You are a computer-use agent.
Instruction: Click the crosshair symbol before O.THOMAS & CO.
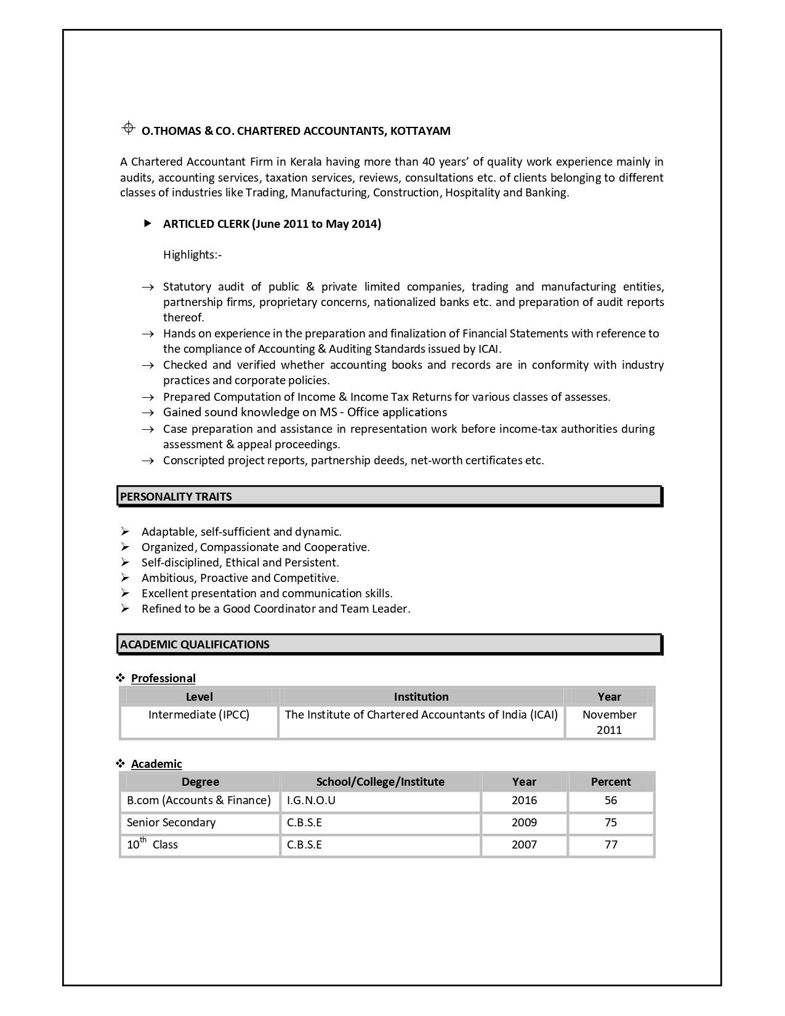pyautogui.click(x=128, y=128)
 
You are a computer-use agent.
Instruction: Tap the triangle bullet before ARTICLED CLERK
pyautogui.click(x=148, y=224)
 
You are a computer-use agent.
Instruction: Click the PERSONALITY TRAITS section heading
pyautogui.click(x=176, y=497)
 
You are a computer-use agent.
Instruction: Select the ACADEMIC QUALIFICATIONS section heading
pyautogui.click(x=195, y=645)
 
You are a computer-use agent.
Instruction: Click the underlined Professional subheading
pyautogui.click(x=163, y=679)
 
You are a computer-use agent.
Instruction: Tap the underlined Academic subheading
pyautogui.click(x=156, y=764)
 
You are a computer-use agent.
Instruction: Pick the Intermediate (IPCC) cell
pyautogui.click(x=199, y=715)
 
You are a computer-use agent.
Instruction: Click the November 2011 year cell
pyautogui.click(x=609, y=722)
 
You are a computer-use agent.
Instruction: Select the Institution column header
pyautogui.click(x=421, y=697)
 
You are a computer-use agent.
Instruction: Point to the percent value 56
pyautogui.click(x=611, y=800)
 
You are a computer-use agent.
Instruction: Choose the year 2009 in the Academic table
pyautogui.click(x=524, y=823)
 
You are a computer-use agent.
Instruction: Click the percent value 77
pyautogui.click(x=611, y=845)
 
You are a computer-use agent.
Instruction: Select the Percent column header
pyautogui.click(x=611, y=782)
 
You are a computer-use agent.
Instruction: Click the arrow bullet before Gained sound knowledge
pyautogui.click(x=148, y=413)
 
